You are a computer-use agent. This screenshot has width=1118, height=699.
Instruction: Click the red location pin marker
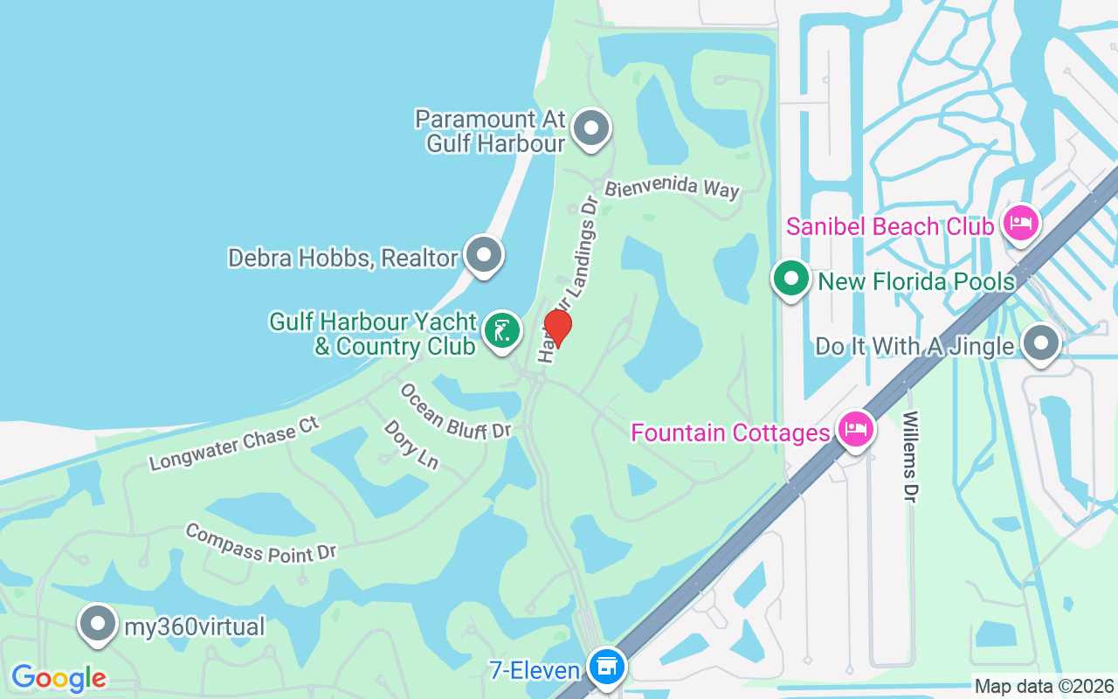pyautogui.click(x=557, y=328)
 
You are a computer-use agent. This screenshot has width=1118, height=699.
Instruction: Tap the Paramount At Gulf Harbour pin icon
pyautogui.click(x=591, y=128)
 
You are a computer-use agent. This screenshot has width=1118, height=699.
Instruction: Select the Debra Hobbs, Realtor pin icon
pyautogui.click(x=483, y=256)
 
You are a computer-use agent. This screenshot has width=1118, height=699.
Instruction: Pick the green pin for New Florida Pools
pyautogui.click(x=791, y=280)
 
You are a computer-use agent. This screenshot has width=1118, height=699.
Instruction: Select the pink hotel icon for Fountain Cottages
pyautogui.click(x=855, y=430)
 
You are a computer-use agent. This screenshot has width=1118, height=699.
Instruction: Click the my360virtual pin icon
pyautogui.click(x=98, y=625)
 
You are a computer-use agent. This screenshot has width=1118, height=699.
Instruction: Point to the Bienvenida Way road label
pyautogui.click(x=673, y=188)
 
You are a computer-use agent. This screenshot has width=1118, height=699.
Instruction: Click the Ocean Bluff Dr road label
pyautogui.click(x=455, y=412)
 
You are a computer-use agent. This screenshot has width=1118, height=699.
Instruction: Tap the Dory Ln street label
pyautogui.click(x=410, y=444)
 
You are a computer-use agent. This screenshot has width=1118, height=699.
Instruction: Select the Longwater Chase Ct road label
pyautogui.click(x=234, y=443)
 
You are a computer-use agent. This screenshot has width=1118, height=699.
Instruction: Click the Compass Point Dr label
pyautogui.click(x=260, y=543)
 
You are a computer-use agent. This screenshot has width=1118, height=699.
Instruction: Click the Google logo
pyautogui.click(x=59, y=678)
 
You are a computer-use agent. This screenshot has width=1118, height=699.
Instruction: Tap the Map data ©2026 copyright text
pyautogui.click(x=1045, y=687)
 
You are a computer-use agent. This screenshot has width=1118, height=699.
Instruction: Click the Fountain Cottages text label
pyautogui.click(x=730, y=433)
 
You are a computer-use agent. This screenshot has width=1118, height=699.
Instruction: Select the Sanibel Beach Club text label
pyautogui.click(x=890, y=227)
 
